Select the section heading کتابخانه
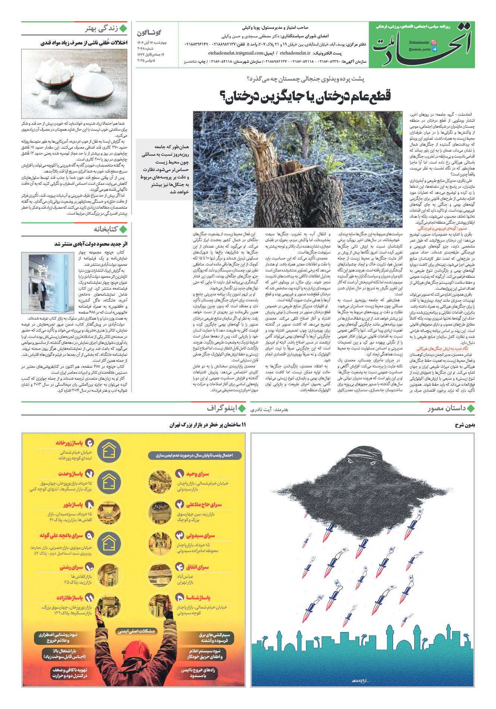click(106, 229)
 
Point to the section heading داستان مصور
click(447, 408)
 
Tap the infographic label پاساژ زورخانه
click(69, 443)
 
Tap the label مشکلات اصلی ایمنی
click(136, 631)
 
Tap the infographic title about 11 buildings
click(208, 425)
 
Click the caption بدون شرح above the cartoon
click(465, 425)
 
